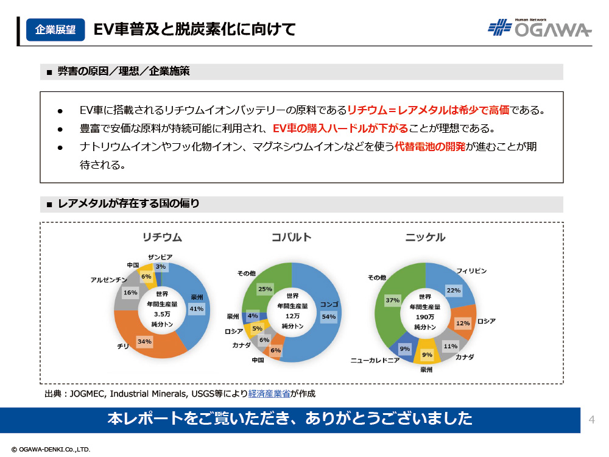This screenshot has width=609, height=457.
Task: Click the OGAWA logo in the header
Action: pyautogui.click(x=540, y=28)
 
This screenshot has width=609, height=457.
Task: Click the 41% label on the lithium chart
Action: pyautogui.click(x=197, y=309)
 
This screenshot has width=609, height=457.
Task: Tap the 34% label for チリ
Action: pyautogui.click(x=144, y=341)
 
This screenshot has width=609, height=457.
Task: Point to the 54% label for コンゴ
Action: pyautogui.click(x=328, y=316)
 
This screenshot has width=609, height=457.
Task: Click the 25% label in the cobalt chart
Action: pyautogui.click(x=265, y=289)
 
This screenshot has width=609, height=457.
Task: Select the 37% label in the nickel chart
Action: pyautogui.click(x=393, y=300)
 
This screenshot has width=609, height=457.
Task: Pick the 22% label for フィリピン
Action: pyautogui.click(x=453, y=291)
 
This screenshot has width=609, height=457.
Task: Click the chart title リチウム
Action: pyautogui.click(x=162, y=237)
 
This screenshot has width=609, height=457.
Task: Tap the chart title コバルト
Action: pyautogui.click(x=291, y=237)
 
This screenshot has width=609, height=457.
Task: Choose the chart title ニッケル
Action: pyautogui.click(x=425, y=237)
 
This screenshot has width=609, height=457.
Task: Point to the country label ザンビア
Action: pyautogui.click(x=161, y=257)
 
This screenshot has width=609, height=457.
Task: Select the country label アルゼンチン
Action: pyautogui.click(x=109, y=280)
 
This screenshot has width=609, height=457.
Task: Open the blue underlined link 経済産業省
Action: pyautogui.click(x=269, y=394)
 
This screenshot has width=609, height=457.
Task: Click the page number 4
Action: pyautogui.click(x=591, y=419)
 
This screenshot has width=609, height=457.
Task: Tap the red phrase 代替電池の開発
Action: pyautogui.click(x=430, y=147)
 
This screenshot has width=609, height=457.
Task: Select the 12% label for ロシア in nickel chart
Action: pyautogui.click(x=463, y=323)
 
